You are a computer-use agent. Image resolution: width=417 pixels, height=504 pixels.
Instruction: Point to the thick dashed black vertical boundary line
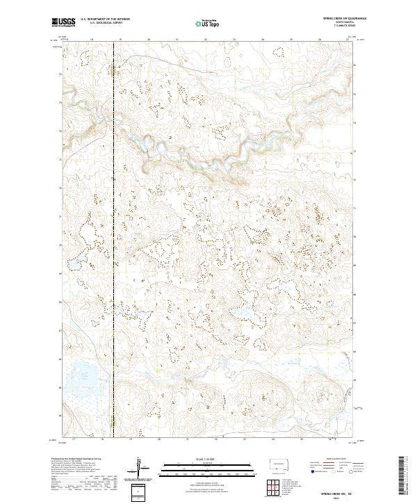[113, 209]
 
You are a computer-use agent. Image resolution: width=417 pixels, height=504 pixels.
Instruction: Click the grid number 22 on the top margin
[206, 40]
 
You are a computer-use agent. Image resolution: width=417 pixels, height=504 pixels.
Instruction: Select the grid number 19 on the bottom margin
[131, 439]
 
